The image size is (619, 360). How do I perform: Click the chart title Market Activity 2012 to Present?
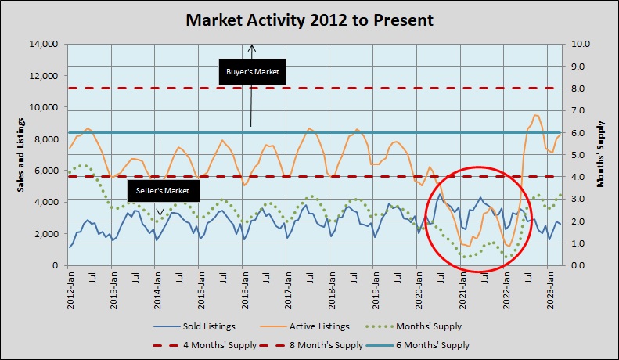point(309,20)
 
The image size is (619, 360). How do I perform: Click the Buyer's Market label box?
point(252,73)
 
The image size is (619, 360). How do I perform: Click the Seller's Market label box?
point(164,189)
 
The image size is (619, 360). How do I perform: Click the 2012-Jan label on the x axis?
point(71,287)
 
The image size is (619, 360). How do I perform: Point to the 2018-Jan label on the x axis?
point(333,287)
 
